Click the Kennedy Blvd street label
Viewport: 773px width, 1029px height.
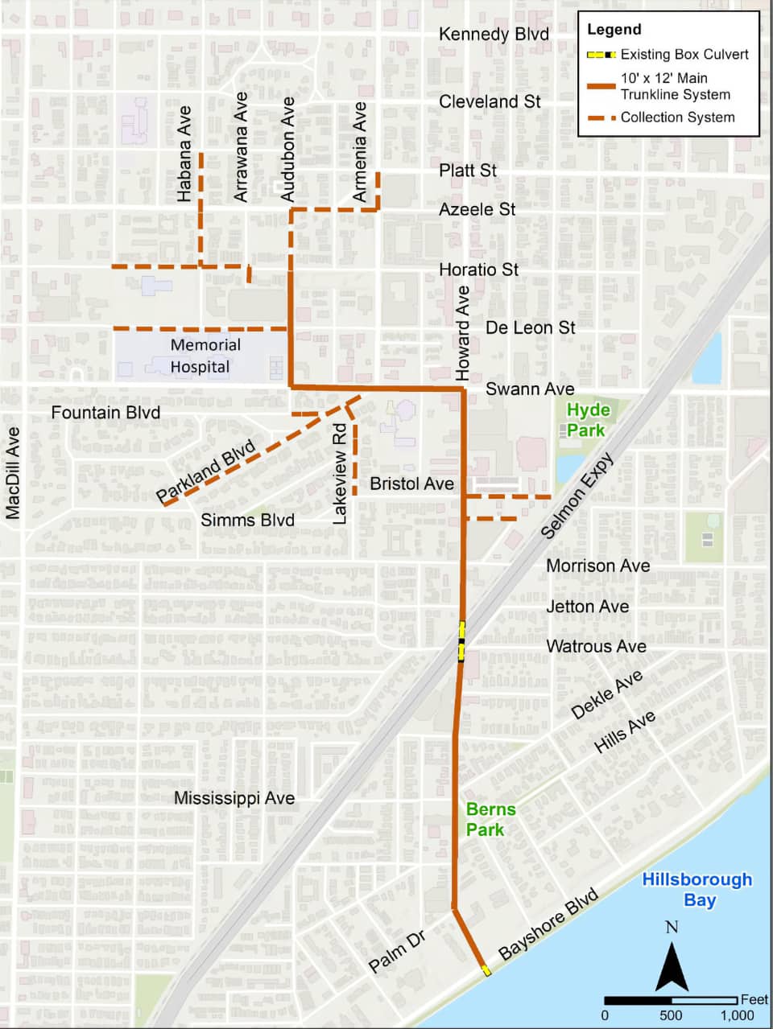(x=494, y=34)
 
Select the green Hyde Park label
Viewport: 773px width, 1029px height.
(x=588, y=420)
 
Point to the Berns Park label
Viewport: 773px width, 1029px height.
(x=490, y=819)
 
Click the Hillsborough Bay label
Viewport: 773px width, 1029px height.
(x=697, y=889)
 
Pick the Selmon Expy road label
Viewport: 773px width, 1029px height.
(x=577, y=496)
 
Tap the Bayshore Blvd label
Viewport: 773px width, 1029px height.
(x=549, y=923)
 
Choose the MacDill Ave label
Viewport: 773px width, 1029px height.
(x=12, y=472)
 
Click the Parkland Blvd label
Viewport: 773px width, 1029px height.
(x=205, y=470)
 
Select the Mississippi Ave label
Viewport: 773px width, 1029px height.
(x=234, y=798)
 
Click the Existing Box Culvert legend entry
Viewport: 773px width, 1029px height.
(x=684, y=55)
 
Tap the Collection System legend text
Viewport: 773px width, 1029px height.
(x=677, y=117)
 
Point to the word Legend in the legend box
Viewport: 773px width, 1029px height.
(x=614, y=30)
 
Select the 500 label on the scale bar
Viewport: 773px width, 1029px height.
(x=671, y=1015)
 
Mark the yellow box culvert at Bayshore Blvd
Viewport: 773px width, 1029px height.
(x=486, y=970)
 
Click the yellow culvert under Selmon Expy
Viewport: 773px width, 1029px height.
(x=461, y=640)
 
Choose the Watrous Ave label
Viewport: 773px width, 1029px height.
(x=596, y=646)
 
